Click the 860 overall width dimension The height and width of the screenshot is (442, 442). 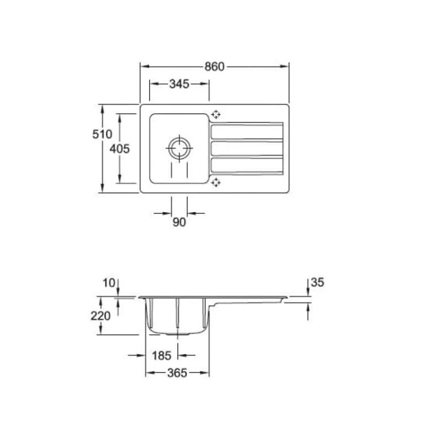215,67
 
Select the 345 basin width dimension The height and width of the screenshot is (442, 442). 179,84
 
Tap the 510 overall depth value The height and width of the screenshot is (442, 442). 102,134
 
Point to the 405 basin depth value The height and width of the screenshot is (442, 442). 120,149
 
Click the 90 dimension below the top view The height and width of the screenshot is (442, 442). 179,222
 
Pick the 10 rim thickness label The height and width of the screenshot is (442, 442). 109,283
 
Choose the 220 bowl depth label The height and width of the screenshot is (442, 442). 100,316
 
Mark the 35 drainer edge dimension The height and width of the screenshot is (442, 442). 318,282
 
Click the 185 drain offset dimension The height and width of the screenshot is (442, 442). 161,355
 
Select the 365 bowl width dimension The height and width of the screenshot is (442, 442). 177,373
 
